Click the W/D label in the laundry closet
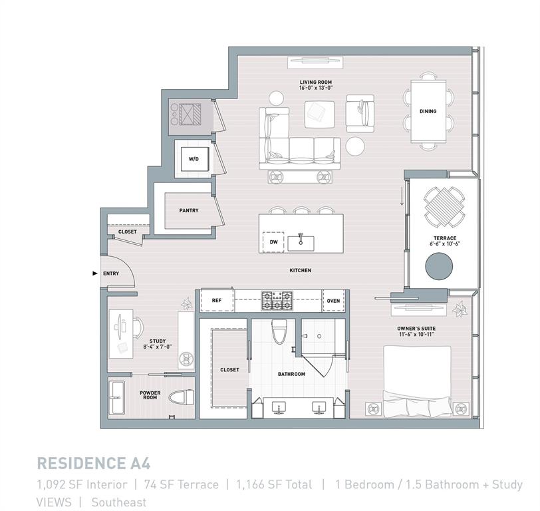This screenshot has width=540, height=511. [x=194, y=160]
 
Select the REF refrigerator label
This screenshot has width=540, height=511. [x=216, y=301]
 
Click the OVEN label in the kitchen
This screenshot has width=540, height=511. [x=333, y=301]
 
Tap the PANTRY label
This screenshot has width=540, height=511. [x=189, y=210]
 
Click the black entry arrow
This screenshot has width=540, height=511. [x=94, y=273]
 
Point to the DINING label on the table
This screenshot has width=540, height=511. [x=428, y=111]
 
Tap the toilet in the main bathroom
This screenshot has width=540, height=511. [x=279, y=331]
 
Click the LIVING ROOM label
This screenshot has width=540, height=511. [x=316, y=83]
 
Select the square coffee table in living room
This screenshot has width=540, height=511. [x=319, y=112]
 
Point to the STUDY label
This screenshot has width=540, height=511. [x=158, y=341]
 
